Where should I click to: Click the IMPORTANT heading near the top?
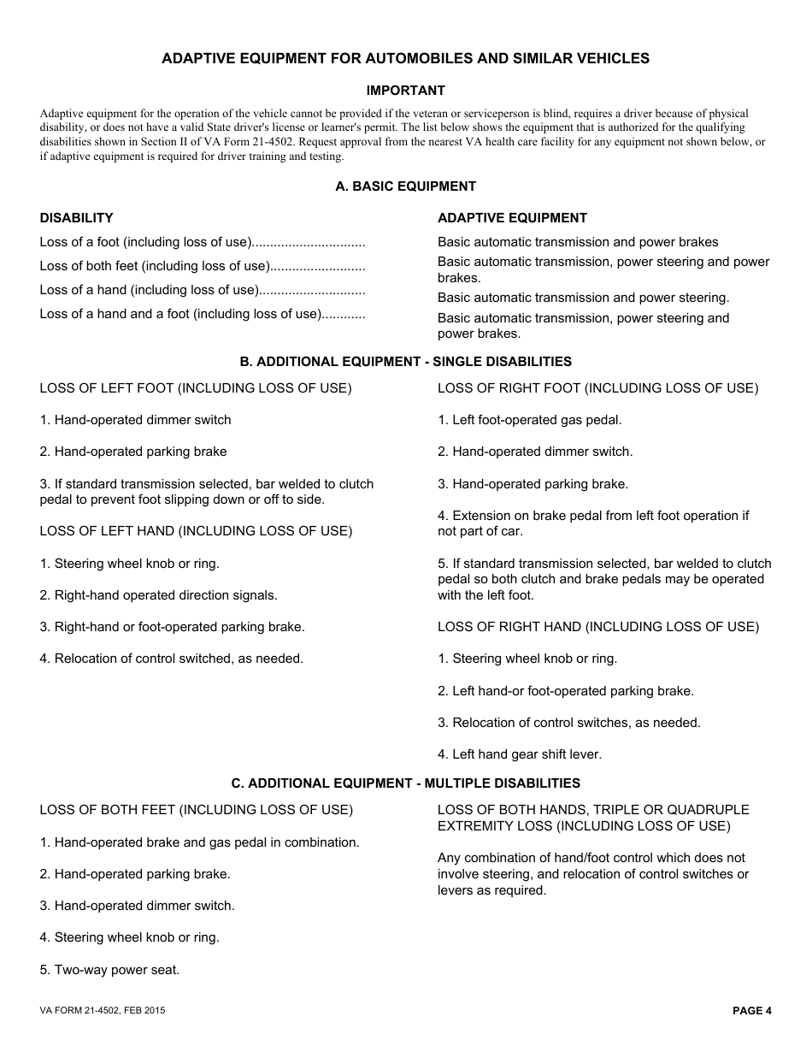pyautogui.click(x=405, y=91)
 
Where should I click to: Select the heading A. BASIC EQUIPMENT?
pyautogui.click(x=405, y=186)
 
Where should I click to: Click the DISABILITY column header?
pyautogui.click(x=76, y=218)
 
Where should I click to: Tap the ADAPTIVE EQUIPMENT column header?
pyautogui.click(x=512, y=218)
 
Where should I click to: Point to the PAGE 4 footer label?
pyautogui.click(x=751, y=1011)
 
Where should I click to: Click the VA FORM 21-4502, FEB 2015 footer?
pyautogui.click(x=103, y=1011)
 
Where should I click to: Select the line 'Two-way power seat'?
pyautogui.click(x=109, y=970)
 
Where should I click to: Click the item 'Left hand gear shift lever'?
pyautogui.click(x=520, y=754)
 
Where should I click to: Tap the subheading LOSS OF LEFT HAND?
pyautogui.click(x=195, y=531)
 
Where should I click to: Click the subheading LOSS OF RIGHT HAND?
pyautogui.click(x=597, y=627)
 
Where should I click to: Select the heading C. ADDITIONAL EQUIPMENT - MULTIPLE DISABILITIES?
pyautogui.click(x=405, y=783)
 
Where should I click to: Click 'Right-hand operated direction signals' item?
pyautogui.click(x=158, y=595)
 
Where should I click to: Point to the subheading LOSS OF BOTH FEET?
pyautogui.click(x=196, y=810)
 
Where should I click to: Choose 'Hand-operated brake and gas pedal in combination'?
pyautogui.click(x=199, y=842)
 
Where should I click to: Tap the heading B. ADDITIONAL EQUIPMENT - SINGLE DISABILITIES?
pyautogui.click(x=405, y=362)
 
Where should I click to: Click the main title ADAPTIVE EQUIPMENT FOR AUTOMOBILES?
pyautogui.click(x=405, y=59)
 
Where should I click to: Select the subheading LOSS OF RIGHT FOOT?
pyautogui.click(x=597, y=388)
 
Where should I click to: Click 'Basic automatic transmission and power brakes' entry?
pyautogui.click(x=578, y=242)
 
